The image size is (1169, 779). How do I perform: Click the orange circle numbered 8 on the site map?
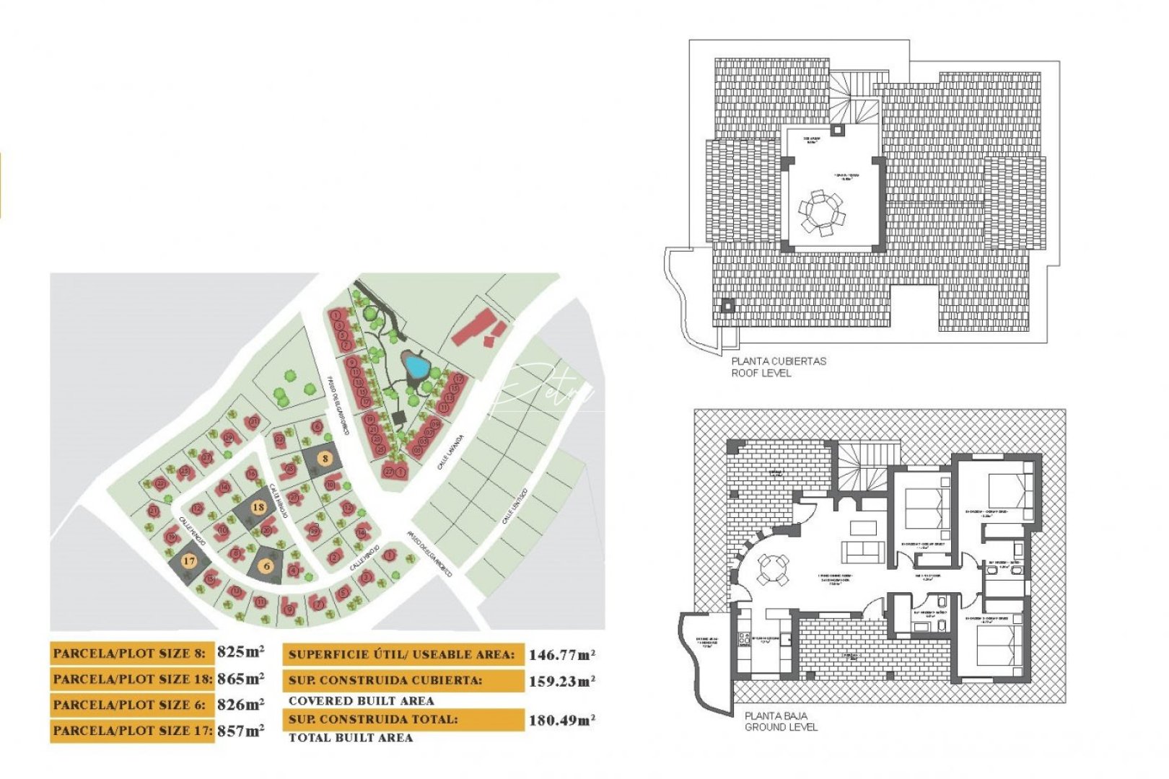325,458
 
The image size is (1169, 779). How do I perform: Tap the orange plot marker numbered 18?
258,507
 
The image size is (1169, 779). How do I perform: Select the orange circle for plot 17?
189,560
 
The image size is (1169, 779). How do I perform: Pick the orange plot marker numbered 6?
267,566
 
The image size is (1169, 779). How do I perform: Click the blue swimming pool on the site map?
415,366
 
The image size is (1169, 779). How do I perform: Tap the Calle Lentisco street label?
515,506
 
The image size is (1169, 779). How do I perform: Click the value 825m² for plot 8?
240,652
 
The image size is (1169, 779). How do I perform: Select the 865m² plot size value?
240,678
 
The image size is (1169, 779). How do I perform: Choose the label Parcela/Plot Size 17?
132,731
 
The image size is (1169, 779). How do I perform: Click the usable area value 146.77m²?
562,655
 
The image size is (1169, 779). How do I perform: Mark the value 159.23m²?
562,681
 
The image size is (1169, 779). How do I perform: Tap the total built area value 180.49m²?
562,720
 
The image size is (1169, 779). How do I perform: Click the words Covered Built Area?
361,700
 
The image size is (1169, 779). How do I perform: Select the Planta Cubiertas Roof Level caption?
778,366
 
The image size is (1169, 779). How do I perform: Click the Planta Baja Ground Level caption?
780,721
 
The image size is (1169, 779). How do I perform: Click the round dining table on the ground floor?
771,569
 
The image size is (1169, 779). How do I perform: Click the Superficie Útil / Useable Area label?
402,655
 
